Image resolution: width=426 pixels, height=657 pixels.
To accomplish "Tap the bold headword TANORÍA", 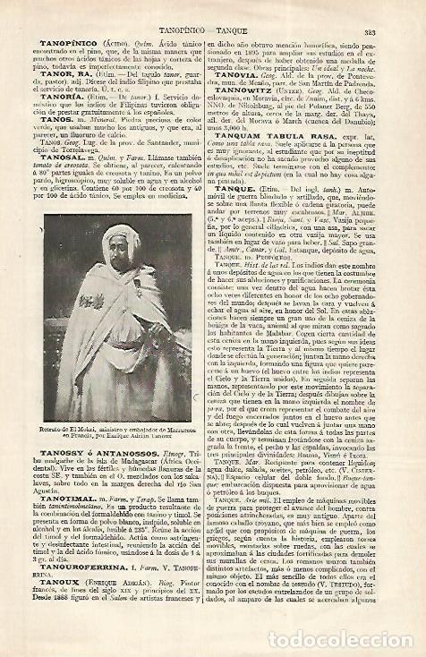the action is [x=62, y=99].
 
